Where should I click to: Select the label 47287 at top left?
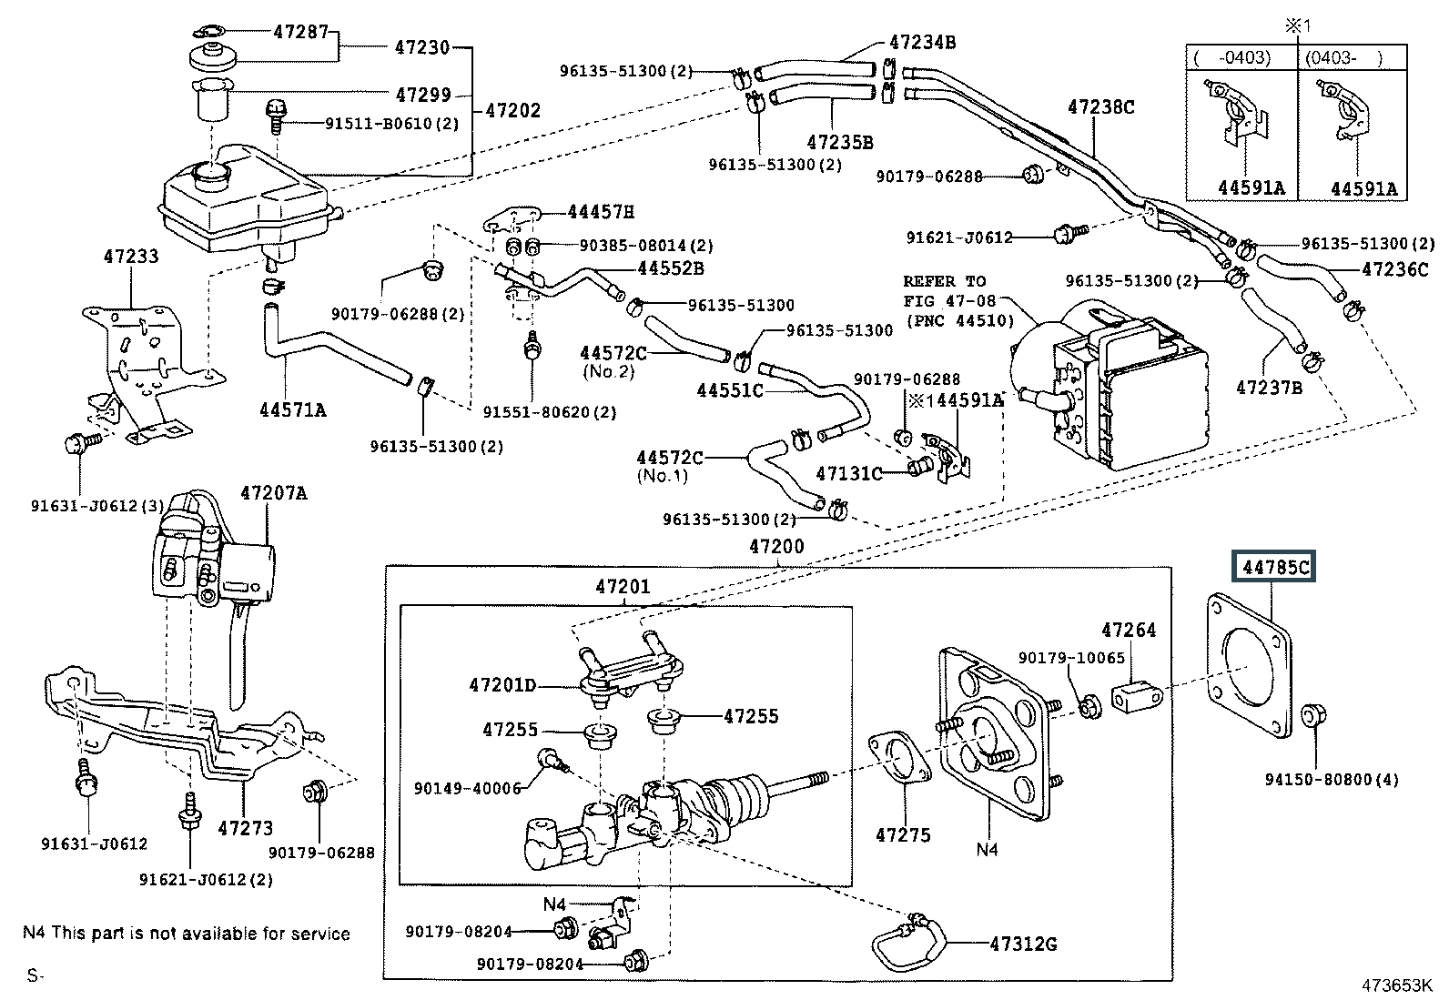[x=300, y=32]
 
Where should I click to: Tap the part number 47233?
[x=130, y=257]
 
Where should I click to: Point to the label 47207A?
[x=273, y=493]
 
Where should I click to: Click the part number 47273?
[x=246, y=828]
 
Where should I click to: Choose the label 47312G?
[x=1023, y=944]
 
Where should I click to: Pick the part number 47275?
[x=903, y=834]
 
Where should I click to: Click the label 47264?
[x=1128, y=630]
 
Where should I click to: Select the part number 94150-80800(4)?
[x=1332, y=779]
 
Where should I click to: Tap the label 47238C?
[x=1100, y=107]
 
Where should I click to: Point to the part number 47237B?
[x=1269, y=388]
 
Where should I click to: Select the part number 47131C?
[x=848, y=473]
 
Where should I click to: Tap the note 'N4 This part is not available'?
[x=186, y=933]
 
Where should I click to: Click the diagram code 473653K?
[x=1396, y=985]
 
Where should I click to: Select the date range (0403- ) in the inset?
[x=1343, y=57]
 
